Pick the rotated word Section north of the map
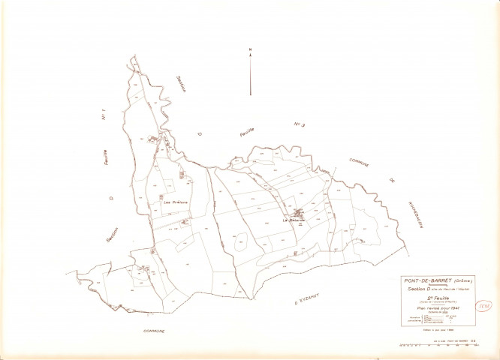click(181, 84)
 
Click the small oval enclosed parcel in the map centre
click(242, 241)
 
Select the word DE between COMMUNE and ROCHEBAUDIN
click(391, 181)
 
